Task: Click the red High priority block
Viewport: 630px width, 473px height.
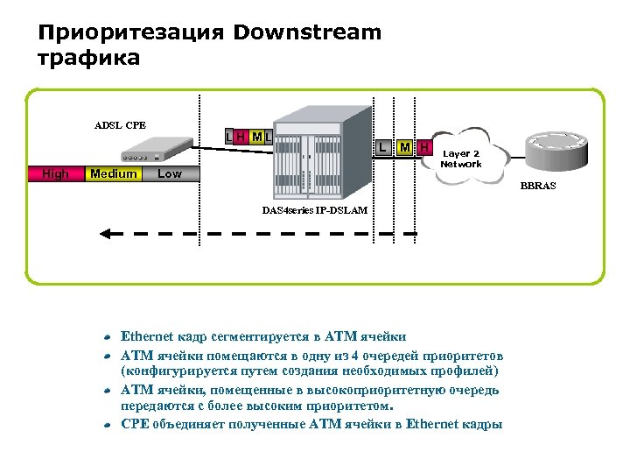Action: click(55, 173)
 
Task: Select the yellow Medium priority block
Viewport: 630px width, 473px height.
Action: click(114, 173)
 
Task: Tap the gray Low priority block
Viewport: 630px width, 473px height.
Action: click(170, 173)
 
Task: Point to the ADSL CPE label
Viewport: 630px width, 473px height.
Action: click(120, 124)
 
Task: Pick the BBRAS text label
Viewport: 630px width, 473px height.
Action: click(538, 186)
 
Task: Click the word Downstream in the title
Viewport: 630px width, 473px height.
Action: click(308, 33)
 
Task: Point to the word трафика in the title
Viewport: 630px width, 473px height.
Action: click(88, 59)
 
